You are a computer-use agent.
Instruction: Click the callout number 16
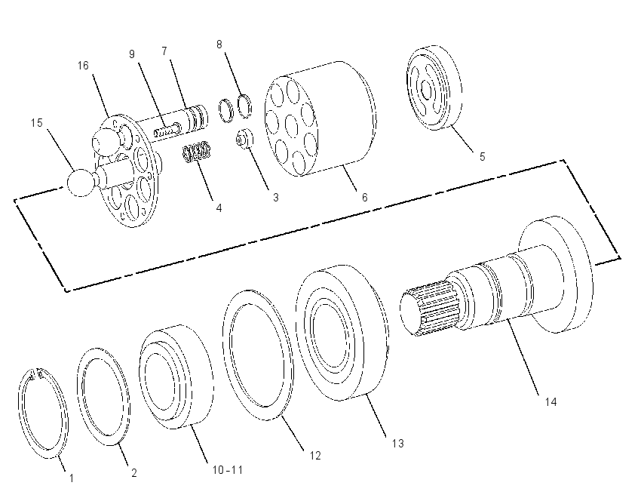click(x=83, y=66)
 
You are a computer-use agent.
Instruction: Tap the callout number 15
click(x=37, y=123)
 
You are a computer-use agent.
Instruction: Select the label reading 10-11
click(x=228, y=470)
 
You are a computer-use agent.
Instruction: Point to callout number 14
click(x=551, y=402)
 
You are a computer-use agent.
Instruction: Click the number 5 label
click(x=483, y=157)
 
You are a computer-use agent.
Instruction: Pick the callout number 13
click(x=397, y=444)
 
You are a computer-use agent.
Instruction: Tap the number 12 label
click(x=315, y=455)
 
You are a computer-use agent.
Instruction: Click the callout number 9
click(x=132, y=54)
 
